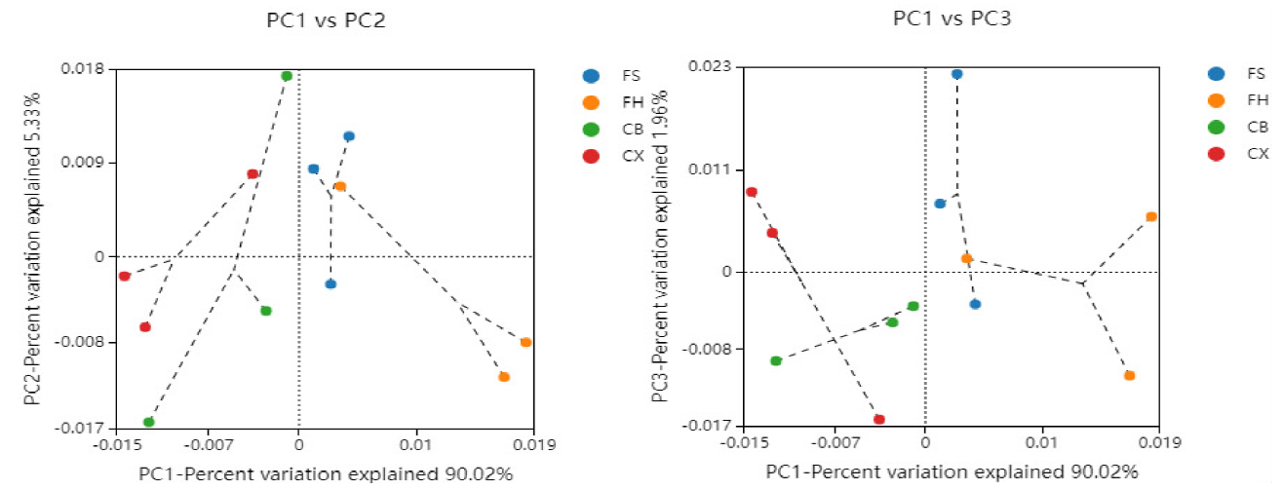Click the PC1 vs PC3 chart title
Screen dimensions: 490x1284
(x=952, y=19)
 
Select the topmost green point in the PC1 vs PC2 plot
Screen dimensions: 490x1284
(x=287, y=76)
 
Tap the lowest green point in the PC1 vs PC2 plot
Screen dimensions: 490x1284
(x=149, y=422)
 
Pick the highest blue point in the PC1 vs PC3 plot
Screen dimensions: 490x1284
(x=956, y=74)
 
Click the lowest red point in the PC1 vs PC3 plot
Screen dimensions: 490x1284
(x=879, y=419)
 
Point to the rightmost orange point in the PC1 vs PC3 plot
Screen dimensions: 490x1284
(x=1151, y=216)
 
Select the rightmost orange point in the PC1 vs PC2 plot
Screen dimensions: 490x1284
(x=525, y=342)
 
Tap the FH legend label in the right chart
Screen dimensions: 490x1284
(x=1258, y=100)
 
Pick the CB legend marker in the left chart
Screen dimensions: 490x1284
(x=591, y=129)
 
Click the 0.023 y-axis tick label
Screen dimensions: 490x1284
(x=710, y=66)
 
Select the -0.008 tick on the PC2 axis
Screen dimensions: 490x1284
(x=81, y=342)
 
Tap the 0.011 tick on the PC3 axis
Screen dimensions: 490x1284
(x=710, y=170)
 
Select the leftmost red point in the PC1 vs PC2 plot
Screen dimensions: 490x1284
(x=125, y=276)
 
